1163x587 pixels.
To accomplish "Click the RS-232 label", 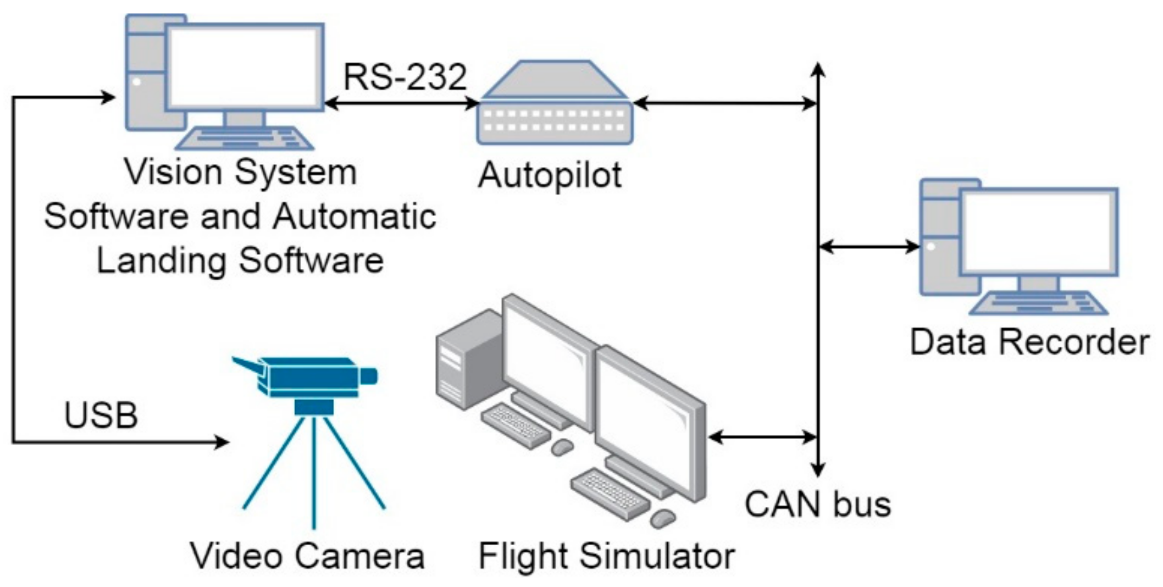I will pyautogui.click(x=405, y=77).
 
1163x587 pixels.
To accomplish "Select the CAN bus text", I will pyautogui.click(x=817, y=504).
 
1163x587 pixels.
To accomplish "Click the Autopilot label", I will pyautogui.click(x=550, y=175).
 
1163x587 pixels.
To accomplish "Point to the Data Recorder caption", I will pyautogui.click(x=1029, y=342).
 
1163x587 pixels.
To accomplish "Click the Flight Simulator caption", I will pyautogui.click(x=606, y=556).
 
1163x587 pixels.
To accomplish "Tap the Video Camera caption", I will pyautogui.click(x=307, y=556).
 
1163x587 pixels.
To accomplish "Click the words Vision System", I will pyautogui.click(x=241, y=172).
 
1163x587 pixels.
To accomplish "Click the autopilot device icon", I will pyautogui.click(x=555, y=104).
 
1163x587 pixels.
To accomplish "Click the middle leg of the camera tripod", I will pyautogui.click(x=314, y=473).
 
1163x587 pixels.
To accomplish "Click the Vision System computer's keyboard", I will pyautogui.click(x=245, y=139).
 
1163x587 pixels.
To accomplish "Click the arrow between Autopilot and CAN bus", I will pyautogui.click(x=726, y=103).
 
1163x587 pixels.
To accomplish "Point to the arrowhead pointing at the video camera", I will pyautogui.click(x=222, y=441).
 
